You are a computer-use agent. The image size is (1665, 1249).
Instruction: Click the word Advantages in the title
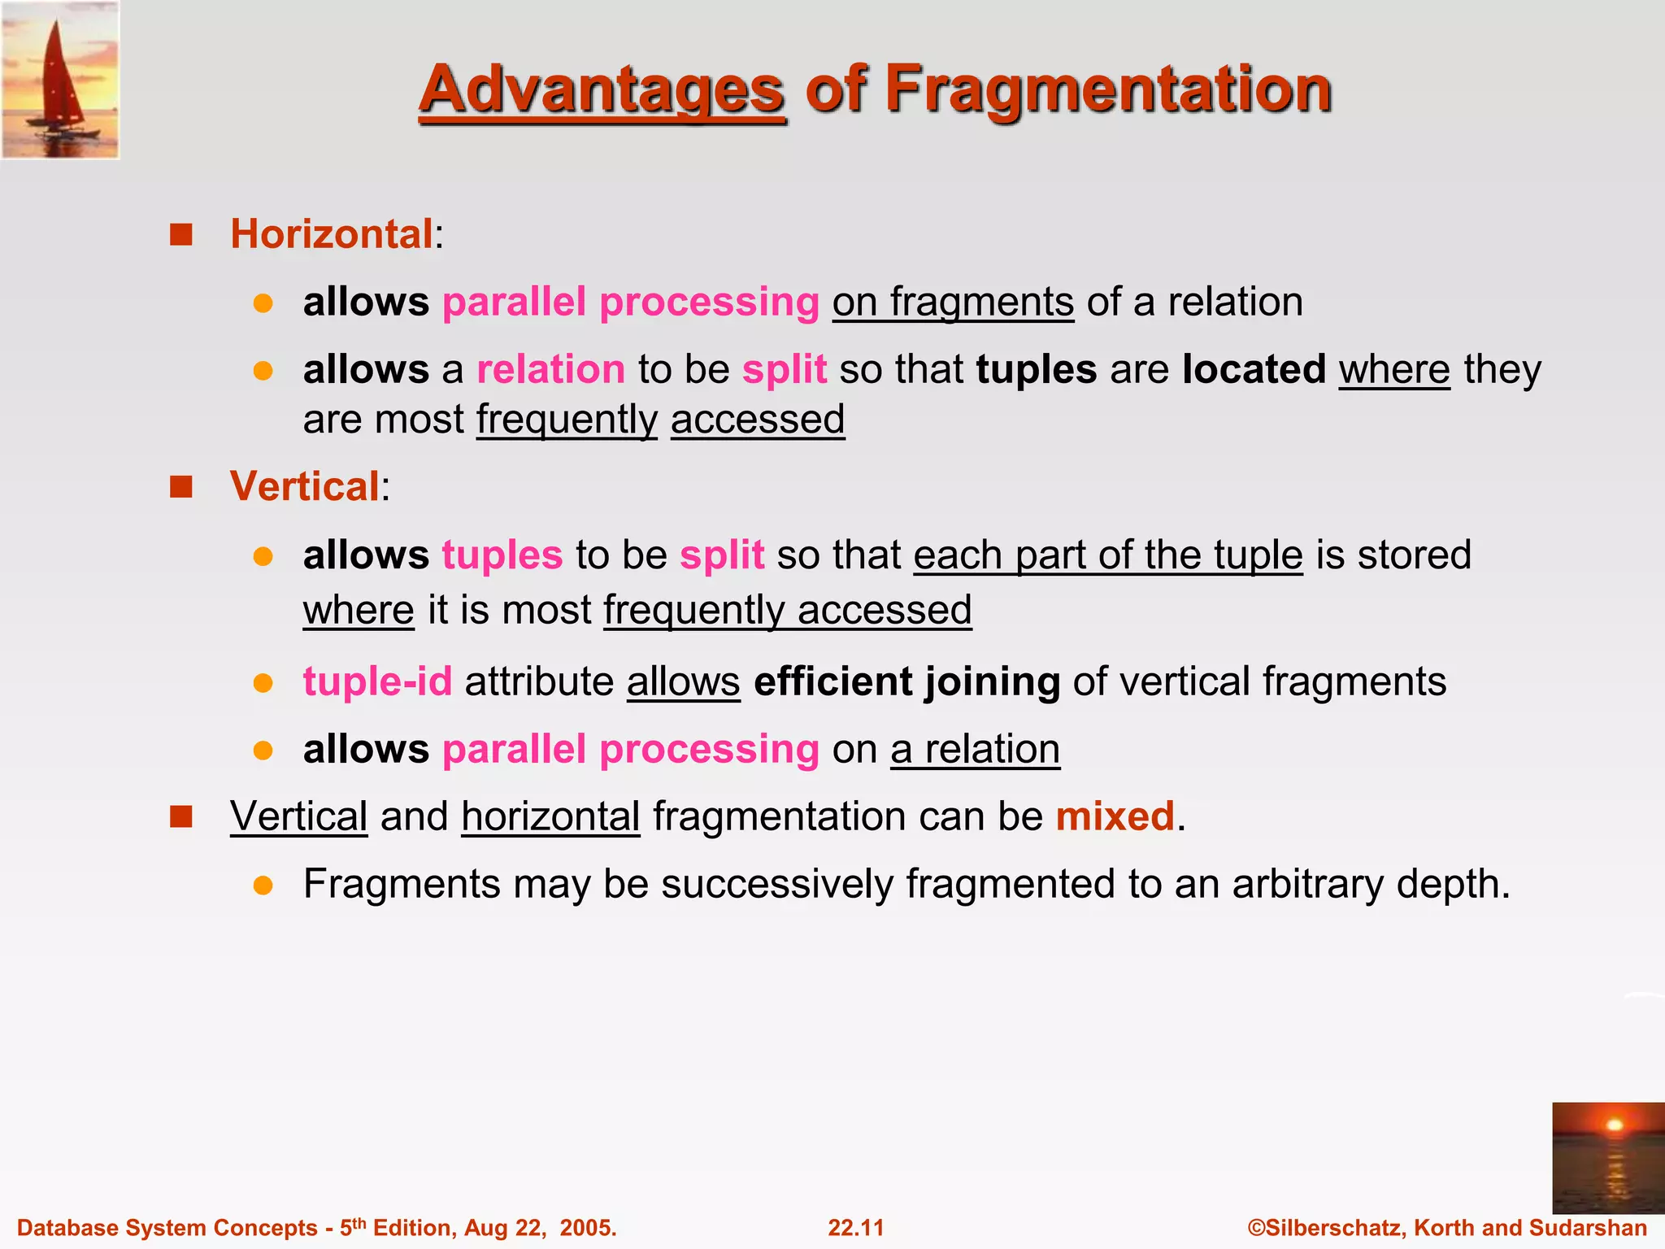[x=602, y=89]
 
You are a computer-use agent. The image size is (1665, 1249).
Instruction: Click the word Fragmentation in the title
[x=1107, y=89]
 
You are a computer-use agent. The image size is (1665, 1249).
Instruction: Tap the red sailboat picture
[x=60, y=80]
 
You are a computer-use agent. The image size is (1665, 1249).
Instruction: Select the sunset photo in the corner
[x=1607, y=1157]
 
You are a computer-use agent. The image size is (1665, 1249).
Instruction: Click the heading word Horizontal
[x=332, y=234]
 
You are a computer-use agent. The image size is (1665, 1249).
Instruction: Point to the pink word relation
[x=550, y=369]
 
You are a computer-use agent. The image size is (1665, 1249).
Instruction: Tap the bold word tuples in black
[x=1036, y=369]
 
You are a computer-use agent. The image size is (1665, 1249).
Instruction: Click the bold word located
[x=1254, y=369]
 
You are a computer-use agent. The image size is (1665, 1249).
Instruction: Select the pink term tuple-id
[x=377, y=681]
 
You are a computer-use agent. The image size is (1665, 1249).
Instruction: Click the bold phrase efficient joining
[x=906, y=681]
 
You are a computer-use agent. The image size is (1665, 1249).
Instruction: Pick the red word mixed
[x=1115, y=816]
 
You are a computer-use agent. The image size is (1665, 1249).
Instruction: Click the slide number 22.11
[x=855, y=1227]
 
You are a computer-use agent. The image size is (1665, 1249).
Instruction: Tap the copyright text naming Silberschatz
[x=1446, y=1227]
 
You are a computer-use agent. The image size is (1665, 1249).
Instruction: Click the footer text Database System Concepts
[x=167, y=1227]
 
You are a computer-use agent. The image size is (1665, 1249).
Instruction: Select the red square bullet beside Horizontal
[x=180, y=235]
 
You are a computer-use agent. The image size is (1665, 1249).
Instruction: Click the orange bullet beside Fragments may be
[x=263, y=885]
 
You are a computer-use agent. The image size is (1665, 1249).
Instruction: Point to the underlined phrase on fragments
[x=953, y=302]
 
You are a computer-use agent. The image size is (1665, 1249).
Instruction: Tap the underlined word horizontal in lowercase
[x=550, y=816]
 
